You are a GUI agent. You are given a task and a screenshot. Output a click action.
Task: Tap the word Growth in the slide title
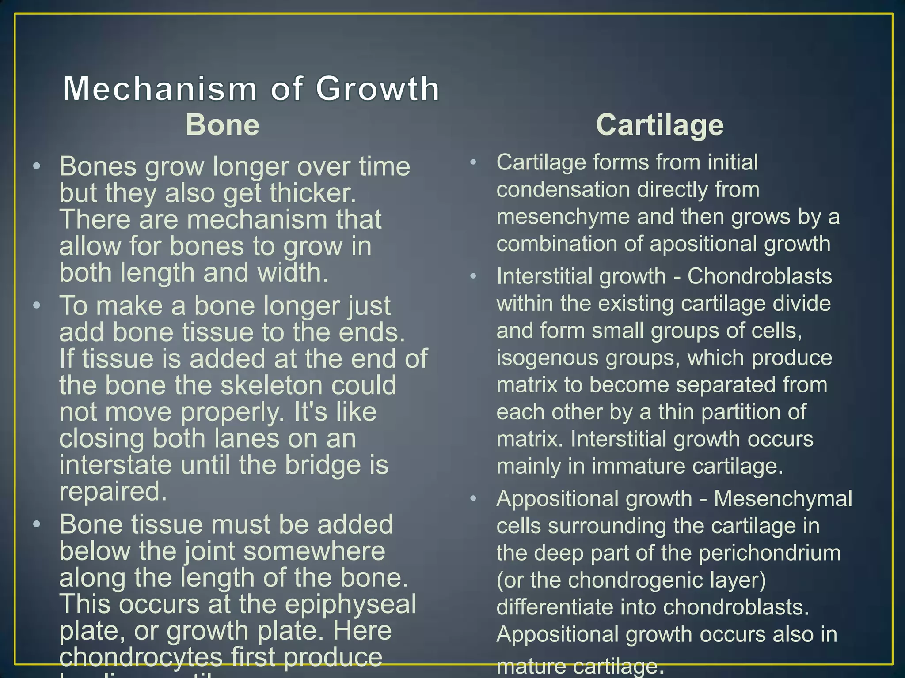click(x=377, y=89)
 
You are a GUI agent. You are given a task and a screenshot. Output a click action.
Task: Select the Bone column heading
click(x=222, y=125)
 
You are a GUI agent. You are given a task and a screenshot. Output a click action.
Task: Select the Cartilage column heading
click(x=660, y=125)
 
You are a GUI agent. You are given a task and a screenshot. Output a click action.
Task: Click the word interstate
click(x=115, y=465)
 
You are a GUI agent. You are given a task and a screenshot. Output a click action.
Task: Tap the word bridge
click(x=323, y=465)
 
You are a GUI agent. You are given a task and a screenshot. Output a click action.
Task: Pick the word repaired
click(x=113, y=492)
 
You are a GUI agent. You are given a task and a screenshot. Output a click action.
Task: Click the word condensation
click(x=563, y=190)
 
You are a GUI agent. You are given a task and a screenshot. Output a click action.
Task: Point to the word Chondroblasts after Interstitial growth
click(x=760, y=277)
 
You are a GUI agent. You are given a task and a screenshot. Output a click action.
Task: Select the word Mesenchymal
click(x=783, y=499)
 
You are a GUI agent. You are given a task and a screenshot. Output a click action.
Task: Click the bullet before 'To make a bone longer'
click(x=37, y=305)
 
